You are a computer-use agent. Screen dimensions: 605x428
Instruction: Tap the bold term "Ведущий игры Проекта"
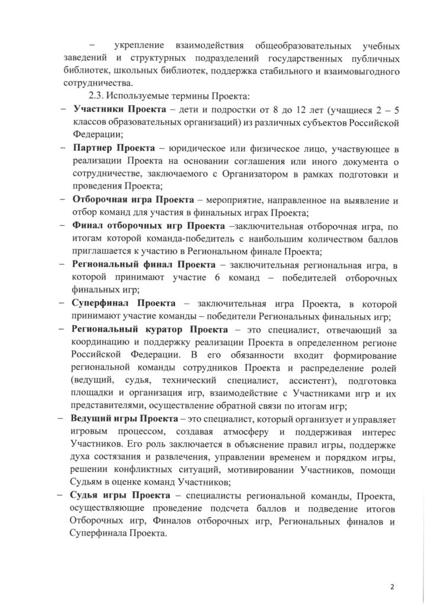(x=120, y=418)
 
